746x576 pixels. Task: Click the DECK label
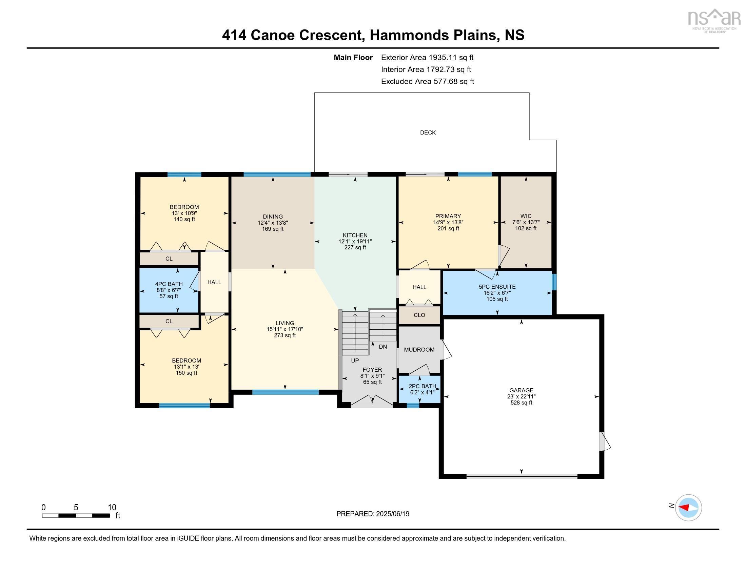428,132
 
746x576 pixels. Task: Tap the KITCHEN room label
355,235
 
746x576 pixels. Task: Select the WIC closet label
526,216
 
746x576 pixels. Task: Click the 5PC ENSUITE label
497,287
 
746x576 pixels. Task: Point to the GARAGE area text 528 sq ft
521,403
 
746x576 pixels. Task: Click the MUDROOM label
419,349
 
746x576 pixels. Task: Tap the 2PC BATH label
422,386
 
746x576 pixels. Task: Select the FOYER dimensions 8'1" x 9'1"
372,376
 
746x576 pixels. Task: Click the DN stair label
382,347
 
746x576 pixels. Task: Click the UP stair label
355,361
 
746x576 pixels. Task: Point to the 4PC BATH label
169,284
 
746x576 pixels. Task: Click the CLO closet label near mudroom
419,315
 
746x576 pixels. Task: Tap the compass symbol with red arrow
688,508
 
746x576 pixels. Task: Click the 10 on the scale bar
112,507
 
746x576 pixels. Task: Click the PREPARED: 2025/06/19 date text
373,514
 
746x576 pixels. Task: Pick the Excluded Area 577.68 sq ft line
427,81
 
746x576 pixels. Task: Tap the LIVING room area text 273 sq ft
284,335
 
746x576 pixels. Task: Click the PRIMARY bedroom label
448,216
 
